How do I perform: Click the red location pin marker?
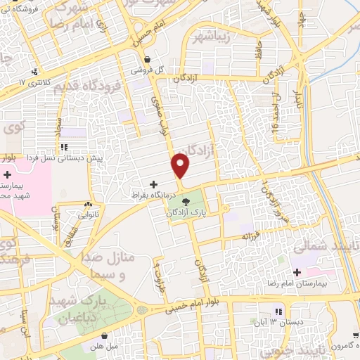coord(181,165)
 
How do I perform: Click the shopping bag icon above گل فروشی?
coord(147,59)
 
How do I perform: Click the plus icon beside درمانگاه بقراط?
coord(154,184)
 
